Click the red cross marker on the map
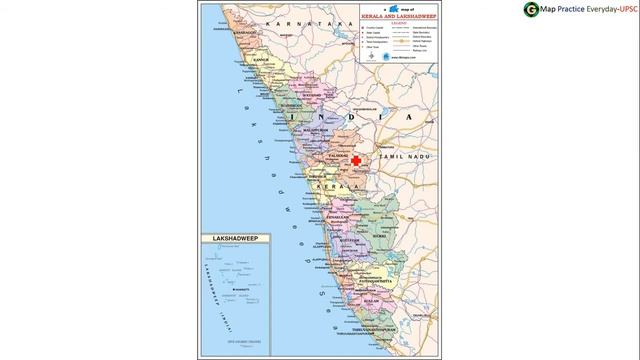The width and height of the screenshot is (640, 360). tap(356, 160)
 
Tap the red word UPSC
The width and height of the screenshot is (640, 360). tap(623, 10)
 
